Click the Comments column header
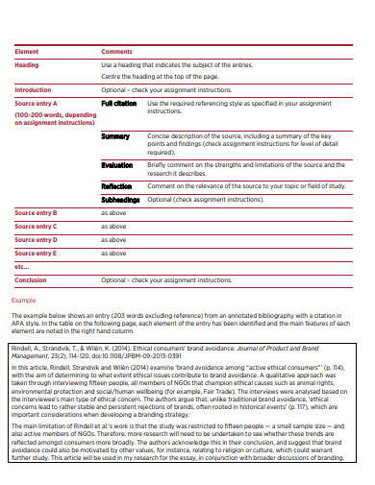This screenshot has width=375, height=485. tap(116, 50)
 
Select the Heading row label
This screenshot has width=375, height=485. tap(26, 64)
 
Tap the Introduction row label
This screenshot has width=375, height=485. tap(33, 89)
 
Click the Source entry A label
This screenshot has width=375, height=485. tap(37, 103)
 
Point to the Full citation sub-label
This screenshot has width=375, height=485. tap(119, 103)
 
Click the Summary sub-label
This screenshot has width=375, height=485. tap(115, 136)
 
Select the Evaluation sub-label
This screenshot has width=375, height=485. tap(117, 164)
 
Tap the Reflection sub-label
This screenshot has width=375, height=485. tap(116, 186)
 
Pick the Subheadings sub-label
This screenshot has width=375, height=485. tap(120, 200)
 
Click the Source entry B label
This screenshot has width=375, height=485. tap(37, 212)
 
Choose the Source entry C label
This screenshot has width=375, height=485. tap(37, 226)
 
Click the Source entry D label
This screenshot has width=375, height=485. tap(37, 239)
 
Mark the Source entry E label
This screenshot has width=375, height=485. tap(37, 253)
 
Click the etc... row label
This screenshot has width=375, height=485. tap(21, 266)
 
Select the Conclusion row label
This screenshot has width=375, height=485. tap(31, 279)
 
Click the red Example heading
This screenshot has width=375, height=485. tap(23, 300)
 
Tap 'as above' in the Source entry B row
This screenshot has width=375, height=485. tap(113, 212)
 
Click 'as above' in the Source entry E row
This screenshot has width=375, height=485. tap(113, 253)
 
